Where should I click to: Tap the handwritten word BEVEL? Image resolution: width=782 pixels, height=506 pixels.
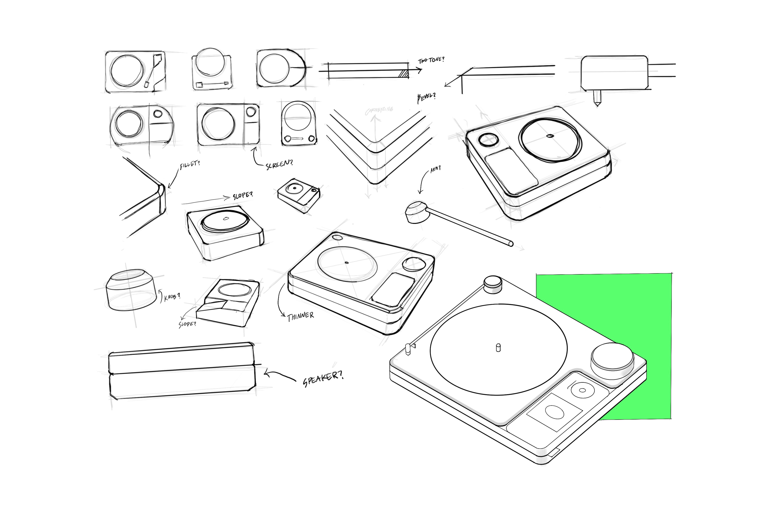tap(426, 97)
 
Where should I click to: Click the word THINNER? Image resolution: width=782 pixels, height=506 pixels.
tap(300, 317)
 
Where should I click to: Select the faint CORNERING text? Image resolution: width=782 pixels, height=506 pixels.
tap(379, 111)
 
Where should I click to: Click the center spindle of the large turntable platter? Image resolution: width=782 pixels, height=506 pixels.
tap(498, 348)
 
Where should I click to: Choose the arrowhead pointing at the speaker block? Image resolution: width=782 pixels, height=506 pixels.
tap(267, 374)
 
